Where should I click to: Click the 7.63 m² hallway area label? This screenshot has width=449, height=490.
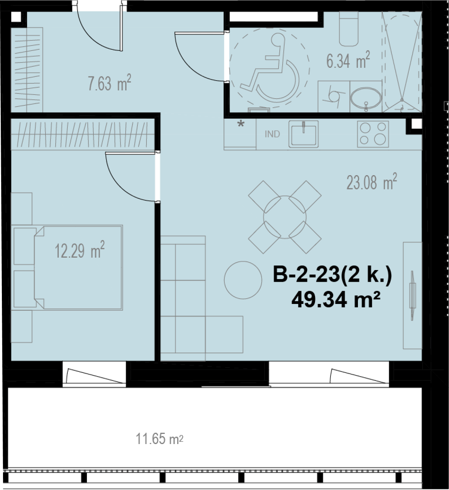(x=109, y=83)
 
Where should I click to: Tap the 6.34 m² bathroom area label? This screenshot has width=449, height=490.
(x=348, y=60)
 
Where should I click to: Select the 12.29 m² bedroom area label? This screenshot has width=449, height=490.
(x=80, y=250)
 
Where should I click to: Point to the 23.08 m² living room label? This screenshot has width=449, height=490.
(x=371, y=182)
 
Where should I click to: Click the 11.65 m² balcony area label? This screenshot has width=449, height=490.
(x=159, y=439)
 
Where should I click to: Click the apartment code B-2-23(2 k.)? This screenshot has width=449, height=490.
(x=332, y=276)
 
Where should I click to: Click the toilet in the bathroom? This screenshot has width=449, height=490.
(x=349, y=29)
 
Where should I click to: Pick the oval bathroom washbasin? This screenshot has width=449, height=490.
(x=365, y=98)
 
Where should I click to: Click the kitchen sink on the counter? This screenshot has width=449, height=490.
(x=303, y=134)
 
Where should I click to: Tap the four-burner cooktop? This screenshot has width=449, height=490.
(x=373, y=134)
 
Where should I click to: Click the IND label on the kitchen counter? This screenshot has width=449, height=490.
(x=272, y=134)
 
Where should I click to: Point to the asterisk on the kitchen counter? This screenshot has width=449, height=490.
(x=241, y=124)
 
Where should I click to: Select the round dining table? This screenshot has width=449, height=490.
(x=285, y=217)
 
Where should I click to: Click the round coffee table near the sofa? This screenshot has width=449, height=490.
(x=243, y=280)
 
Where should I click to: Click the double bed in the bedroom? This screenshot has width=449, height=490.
(x=78, y=268)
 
